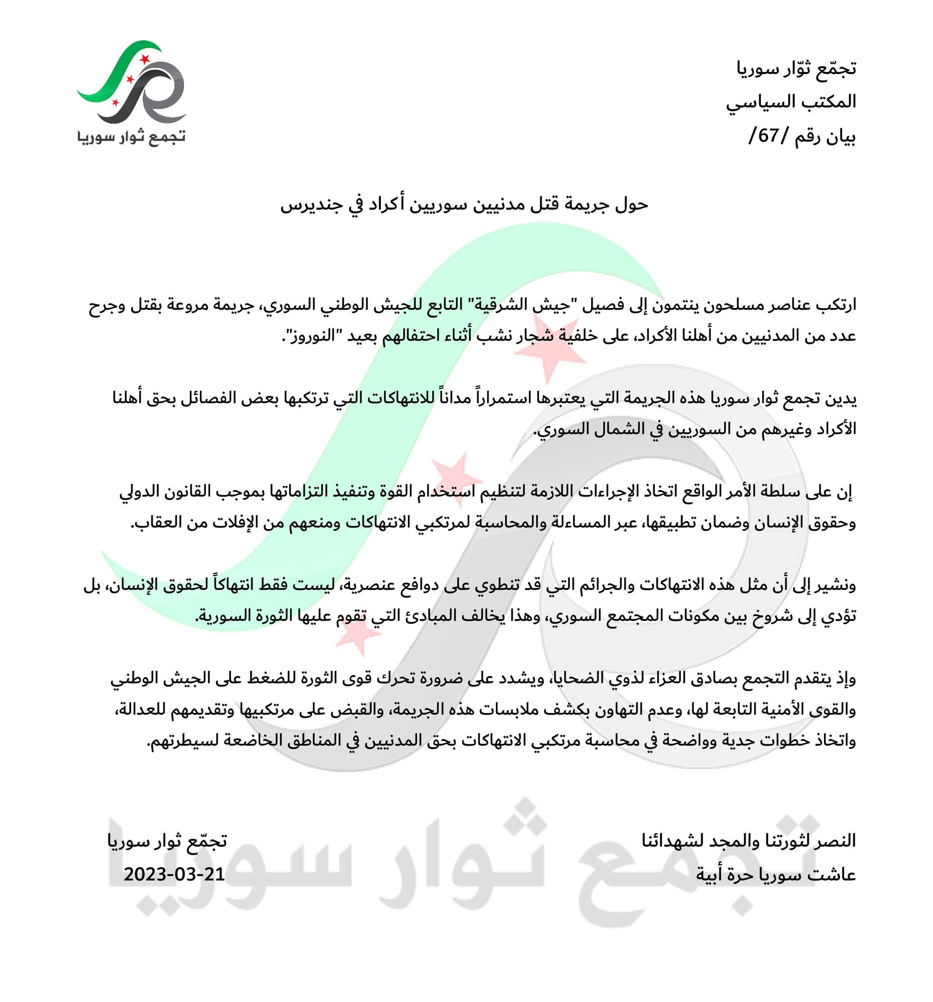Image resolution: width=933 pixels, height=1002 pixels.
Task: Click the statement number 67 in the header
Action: click(x=767, y=136)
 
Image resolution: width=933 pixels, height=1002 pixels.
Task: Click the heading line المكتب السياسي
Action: click(x=790, y=102)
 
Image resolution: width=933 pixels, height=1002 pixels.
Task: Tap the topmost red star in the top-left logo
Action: click(x=145, y=59)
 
